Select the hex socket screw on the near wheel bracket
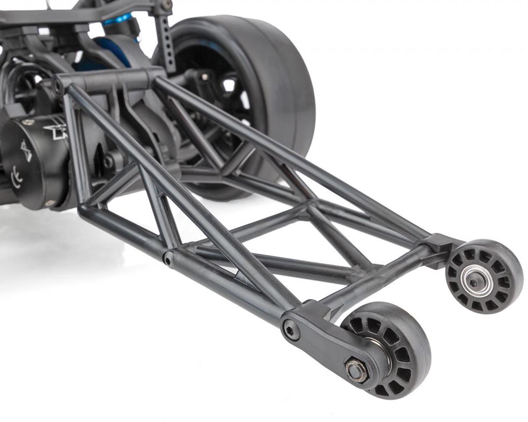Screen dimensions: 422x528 pos(291,330)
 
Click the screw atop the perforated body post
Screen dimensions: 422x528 pos(166,5)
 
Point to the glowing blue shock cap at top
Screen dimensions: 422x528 pos(118,18)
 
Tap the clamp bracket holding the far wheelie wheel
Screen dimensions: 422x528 pos(440,246)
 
